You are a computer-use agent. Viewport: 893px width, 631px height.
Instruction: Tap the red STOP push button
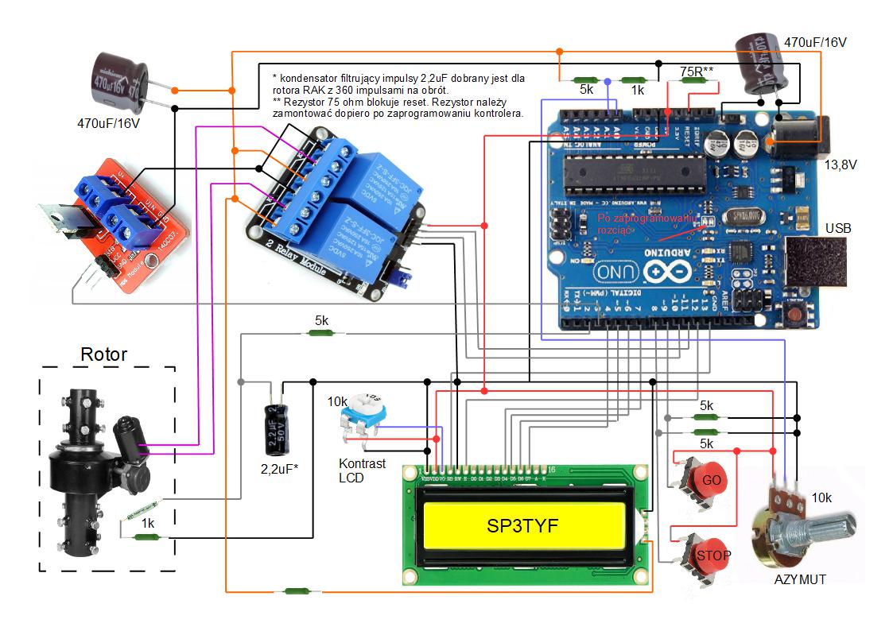713,554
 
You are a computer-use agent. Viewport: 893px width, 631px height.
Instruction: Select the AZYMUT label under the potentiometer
800,579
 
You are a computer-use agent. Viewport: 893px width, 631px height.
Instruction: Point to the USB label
838,229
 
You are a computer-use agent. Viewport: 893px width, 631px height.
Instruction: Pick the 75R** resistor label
697,72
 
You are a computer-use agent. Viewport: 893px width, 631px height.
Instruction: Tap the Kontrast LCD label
362,470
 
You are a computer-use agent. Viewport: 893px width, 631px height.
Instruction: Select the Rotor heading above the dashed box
103,354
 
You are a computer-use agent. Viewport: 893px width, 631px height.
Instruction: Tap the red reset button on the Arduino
795,316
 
